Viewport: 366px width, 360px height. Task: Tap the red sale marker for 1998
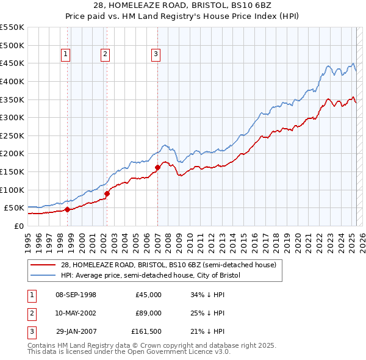[67, 209]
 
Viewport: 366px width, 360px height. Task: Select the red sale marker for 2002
[107, 193]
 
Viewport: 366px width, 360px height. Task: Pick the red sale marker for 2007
[157, 167]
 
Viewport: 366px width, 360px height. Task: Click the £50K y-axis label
[14, 207]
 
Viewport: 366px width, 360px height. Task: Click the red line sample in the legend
[43, 265]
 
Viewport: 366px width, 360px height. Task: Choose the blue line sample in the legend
[43, 275]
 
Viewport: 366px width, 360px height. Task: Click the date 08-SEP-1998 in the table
[76, 295]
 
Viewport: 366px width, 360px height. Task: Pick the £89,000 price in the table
[149, 313]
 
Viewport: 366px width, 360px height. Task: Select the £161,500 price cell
[146, 331]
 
